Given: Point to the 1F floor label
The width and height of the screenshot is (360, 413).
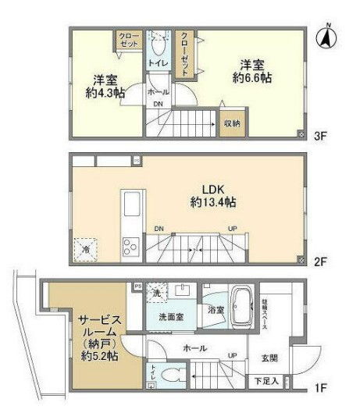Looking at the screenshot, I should (319, 385).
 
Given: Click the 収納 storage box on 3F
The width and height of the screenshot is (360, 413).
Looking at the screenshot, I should (232, 123).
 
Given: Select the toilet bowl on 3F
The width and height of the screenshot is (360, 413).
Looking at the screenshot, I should (159, 37).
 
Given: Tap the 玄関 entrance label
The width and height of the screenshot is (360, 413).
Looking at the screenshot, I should (270, 358).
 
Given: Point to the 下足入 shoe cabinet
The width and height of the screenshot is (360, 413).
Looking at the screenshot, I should (266, 381).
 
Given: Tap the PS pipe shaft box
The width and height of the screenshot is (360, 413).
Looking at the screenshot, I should (137, 286).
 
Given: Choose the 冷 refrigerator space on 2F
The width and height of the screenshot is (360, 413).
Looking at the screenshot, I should (85, 249).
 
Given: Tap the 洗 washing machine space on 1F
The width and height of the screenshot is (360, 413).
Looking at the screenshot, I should (155, 293).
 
